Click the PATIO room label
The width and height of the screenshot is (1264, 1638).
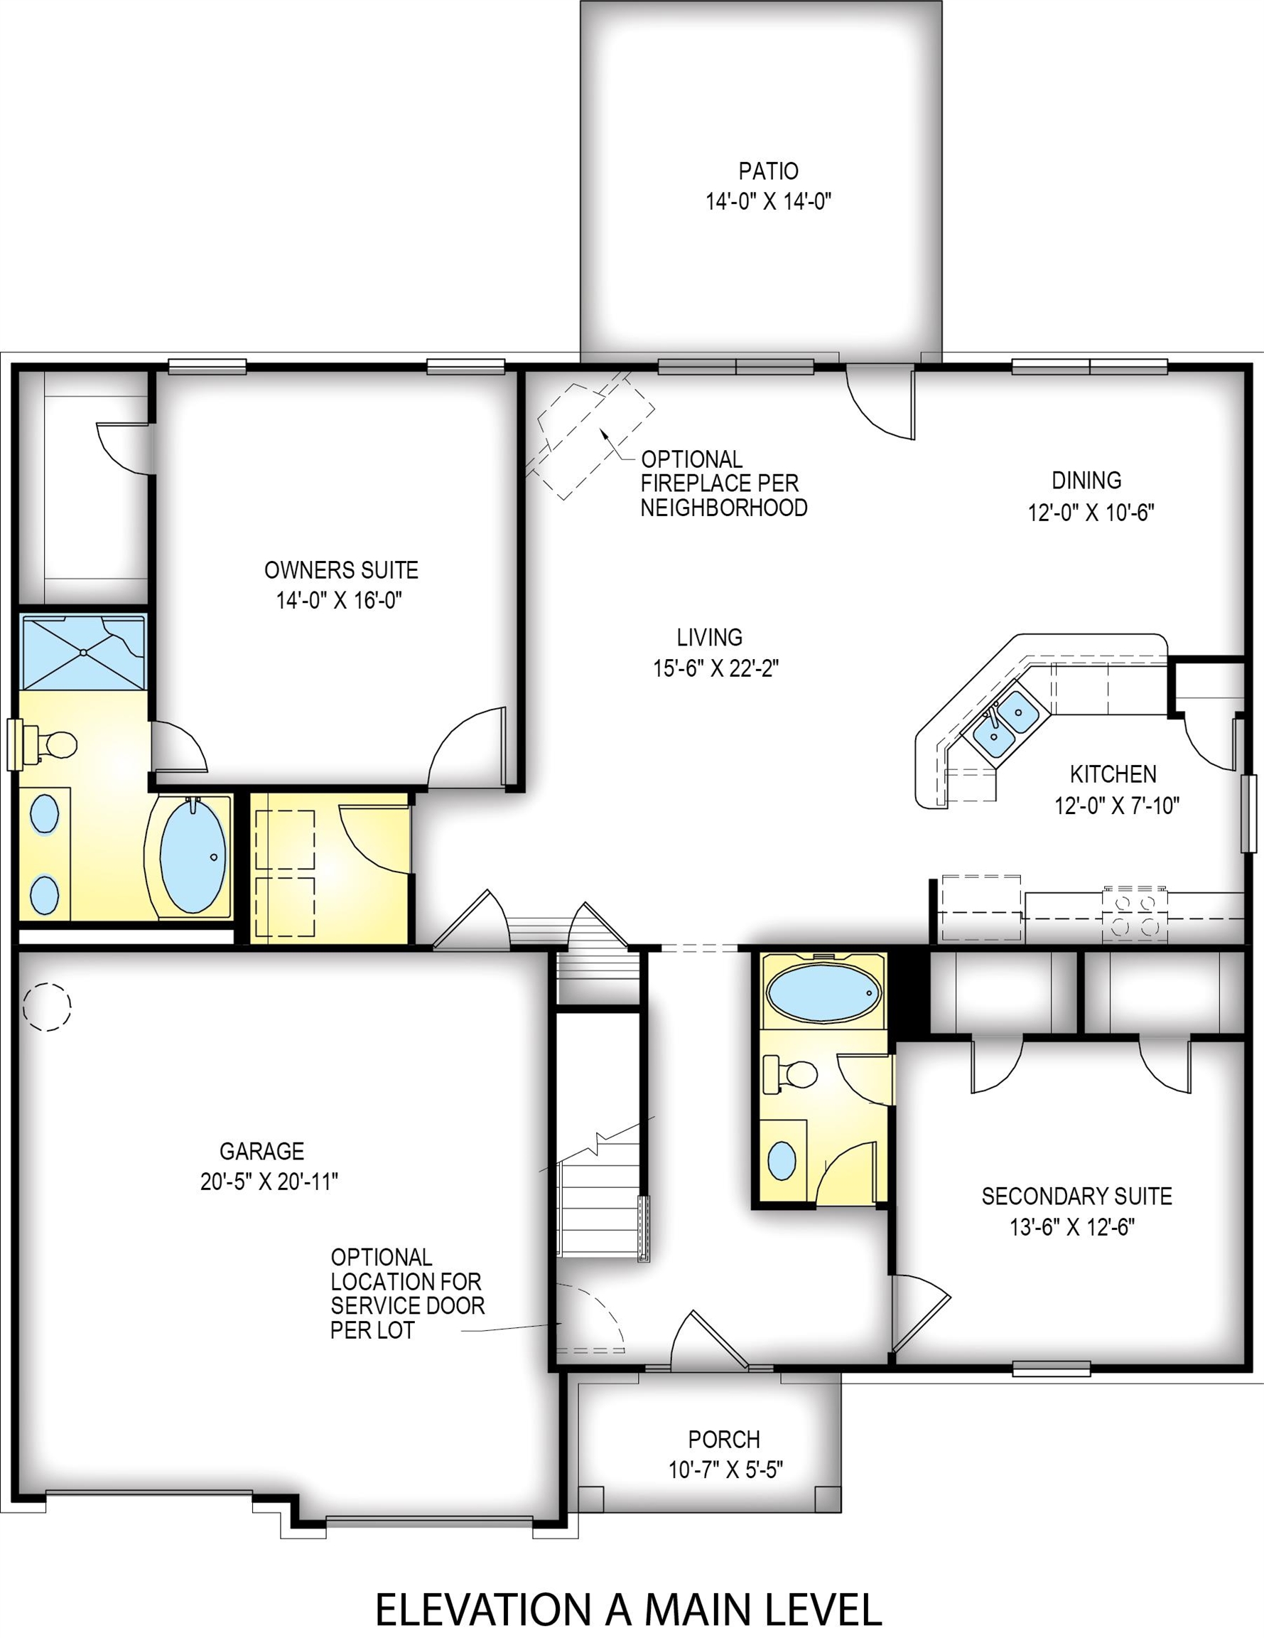click(x=769, y=172)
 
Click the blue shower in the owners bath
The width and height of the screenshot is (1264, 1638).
click(x=83, y=652)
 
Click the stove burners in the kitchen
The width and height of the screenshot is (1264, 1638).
click(x=1133, y=914)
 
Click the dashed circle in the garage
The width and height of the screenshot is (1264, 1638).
click(x=46, y=1007)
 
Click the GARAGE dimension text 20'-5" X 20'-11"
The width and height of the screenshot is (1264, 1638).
click(x=269, y=1182)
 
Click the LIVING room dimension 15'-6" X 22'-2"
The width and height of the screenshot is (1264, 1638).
click(x=716, y=668)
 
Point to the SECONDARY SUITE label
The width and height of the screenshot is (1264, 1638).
click(x=1076, y=1196)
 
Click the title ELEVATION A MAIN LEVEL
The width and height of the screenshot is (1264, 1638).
click(x=628, y=1608)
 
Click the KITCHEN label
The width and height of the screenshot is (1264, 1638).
click(x=1113, y=773)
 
